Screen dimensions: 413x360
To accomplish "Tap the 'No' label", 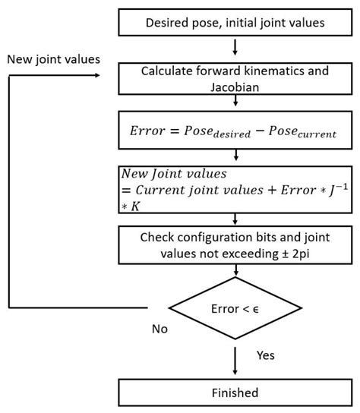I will (159, 329).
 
